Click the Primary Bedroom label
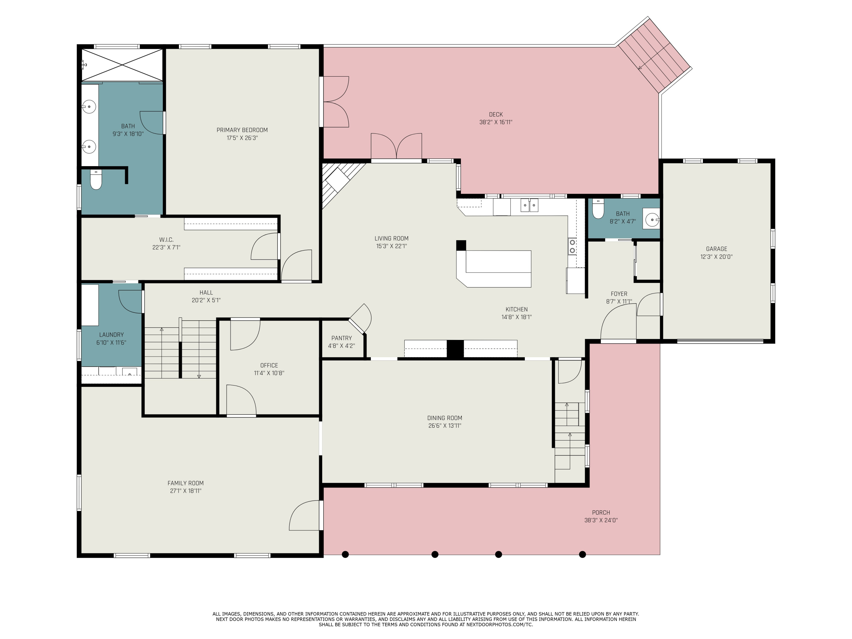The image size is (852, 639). pyautogui.click(x=242, y=130)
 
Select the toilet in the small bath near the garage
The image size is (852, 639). pyautogui.click(x=598, y=209)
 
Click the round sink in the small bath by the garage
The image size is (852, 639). pyautogui.click(x=652, y=220)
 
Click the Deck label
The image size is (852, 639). pyautogui.click(x=496, y=114)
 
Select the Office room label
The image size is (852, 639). pyautogui.click(x=269, y=365)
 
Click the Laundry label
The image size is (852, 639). pyautogui.click(x=111, y=335)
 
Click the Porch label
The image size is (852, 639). pyautogui.click(x=601, y=512)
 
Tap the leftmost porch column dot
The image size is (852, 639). pyautogui.click(x=346, y=554)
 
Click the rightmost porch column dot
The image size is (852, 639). pyautogui.click(x=582, y=554)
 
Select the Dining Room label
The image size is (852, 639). pyautogui.click(x=444, y=418)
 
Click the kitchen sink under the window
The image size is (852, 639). pyautogui.click(x=529, y=205)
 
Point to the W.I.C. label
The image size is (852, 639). pyautogui.click(x=166, y=240)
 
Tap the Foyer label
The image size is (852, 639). pyautogui.click(x=619, y=294)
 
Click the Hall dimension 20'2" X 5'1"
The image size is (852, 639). pyautogui.click(x=206, y=300)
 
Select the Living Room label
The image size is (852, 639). pyautogui.click(x=391, y=239)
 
